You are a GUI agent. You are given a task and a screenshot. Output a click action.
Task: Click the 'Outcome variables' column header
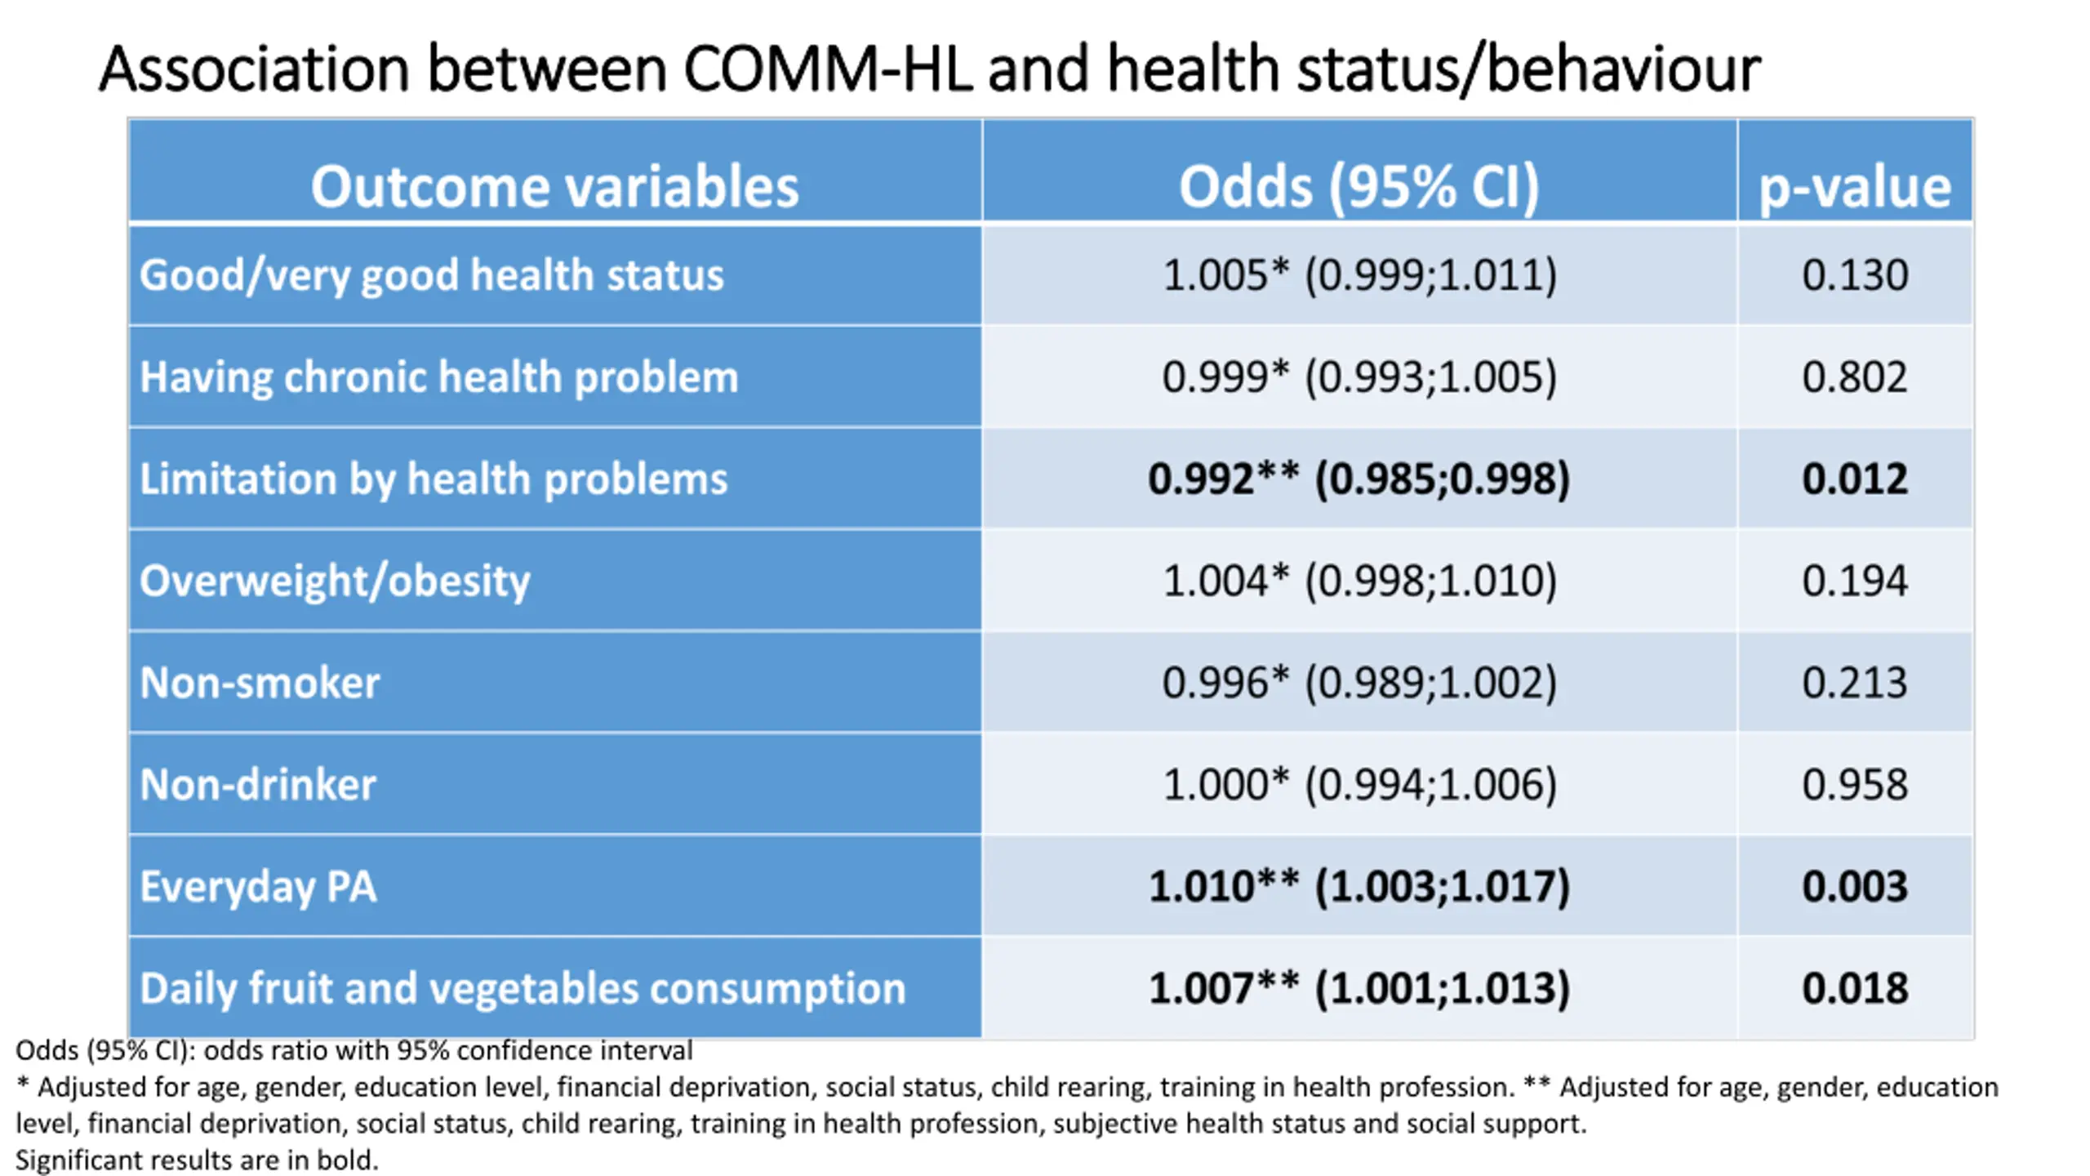point(554,187)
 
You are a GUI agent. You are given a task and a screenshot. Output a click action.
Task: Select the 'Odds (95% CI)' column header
point(1359,188)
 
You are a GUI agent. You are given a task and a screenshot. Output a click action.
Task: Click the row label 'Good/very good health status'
point(431,275)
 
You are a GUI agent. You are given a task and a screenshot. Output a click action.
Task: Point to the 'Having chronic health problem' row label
point(438,377)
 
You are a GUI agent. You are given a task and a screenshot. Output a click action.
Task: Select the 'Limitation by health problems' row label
point(434,479)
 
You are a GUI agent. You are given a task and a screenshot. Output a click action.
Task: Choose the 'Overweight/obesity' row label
point(335,581)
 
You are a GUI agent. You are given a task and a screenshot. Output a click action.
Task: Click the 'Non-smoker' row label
point(260,683)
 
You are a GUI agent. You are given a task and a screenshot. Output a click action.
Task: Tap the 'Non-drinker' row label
point(258,785)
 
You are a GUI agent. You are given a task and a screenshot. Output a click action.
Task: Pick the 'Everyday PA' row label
point(258,888)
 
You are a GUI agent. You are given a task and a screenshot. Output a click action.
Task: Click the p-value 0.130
point(1855,275)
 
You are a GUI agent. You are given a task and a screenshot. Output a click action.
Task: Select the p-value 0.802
point(1855,377)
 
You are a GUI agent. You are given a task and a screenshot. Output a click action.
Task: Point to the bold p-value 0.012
point(1855,479)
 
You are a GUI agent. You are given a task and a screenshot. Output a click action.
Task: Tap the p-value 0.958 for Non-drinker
point(1855,785)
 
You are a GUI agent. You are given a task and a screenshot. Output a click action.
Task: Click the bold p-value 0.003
point(1855,887)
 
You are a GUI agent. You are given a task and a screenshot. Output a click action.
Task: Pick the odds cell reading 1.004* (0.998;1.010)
point(1359,581)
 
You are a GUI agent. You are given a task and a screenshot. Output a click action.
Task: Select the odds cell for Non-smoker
point(1359,683)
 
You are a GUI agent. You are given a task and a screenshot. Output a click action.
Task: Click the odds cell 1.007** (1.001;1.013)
point(1359,989)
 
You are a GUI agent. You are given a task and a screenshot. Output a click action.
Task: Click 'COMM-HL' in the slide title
point(827,69)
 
